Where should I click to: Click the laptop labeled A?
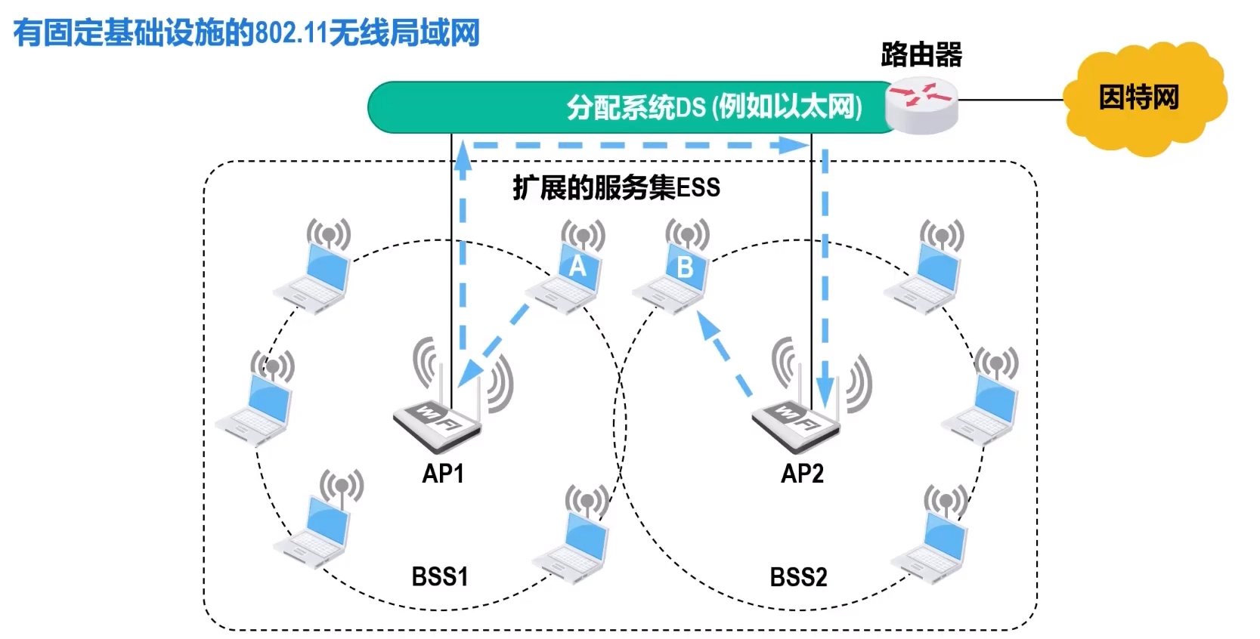[x=566, y=269]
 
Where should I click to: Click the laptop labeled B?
[x=671, y=269]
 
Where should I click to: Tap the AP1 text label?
[x=443, y=474]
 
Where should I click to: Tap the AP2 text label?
[x=802, y=474]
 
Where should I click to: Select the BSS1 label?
[x=440, y=576]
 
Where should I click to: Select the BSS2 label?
[x=798, y=577]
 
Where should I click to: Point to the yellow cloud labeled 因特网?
[x=1144, y=99]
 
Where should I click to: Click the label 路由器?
[x=921, y=54]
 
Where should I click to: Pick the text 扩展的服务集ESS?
[x=616, y=188]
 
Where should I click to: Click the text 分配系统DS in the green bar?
[x=636, y=107]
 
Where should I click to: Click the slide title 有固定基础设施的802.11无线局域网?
[x=246, y=32]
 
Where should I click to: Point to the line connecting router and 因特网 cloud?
[x=1010, y=100]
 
